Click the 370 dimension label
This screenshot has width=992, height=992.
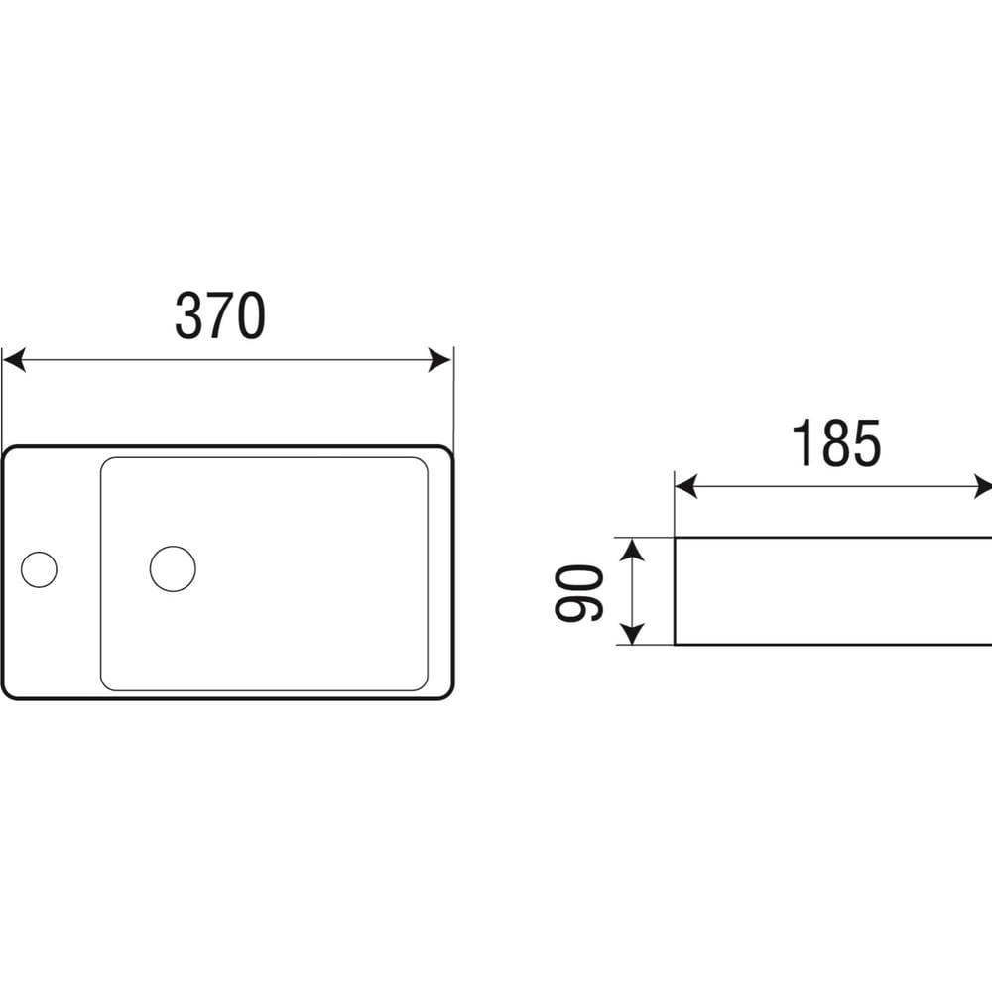(x=219, y=315)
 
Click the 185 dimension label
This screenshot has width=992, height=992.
(x=835, y=443)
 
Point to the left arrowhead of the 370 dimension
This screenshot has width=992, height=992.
(x=14, y=360)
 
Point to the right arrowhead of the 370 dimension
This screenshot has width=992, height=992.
(x=439, y=360)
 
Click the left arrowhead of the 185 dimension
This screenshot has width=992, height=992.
(x=686, y=486)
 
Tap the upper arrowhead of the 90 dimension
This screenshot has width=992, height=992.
(x=631, y=550)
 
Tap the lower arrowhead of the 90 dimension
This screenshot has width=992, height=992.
(x=631, y=634)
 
